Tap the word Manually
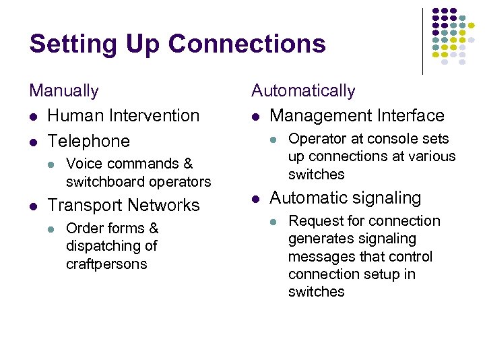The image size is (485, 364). pos(63,90)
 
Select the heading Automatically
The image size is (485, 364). pos(303,90)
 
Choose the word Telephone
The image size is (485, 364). pos(89,141)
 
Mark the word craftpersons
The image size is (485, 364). pos(106,264)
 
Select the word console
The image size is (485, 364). pos(395,139)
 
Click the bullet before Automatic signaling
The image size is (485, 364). pos(255,198)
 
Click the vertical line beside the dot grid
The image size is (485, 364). pos(422,40)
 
